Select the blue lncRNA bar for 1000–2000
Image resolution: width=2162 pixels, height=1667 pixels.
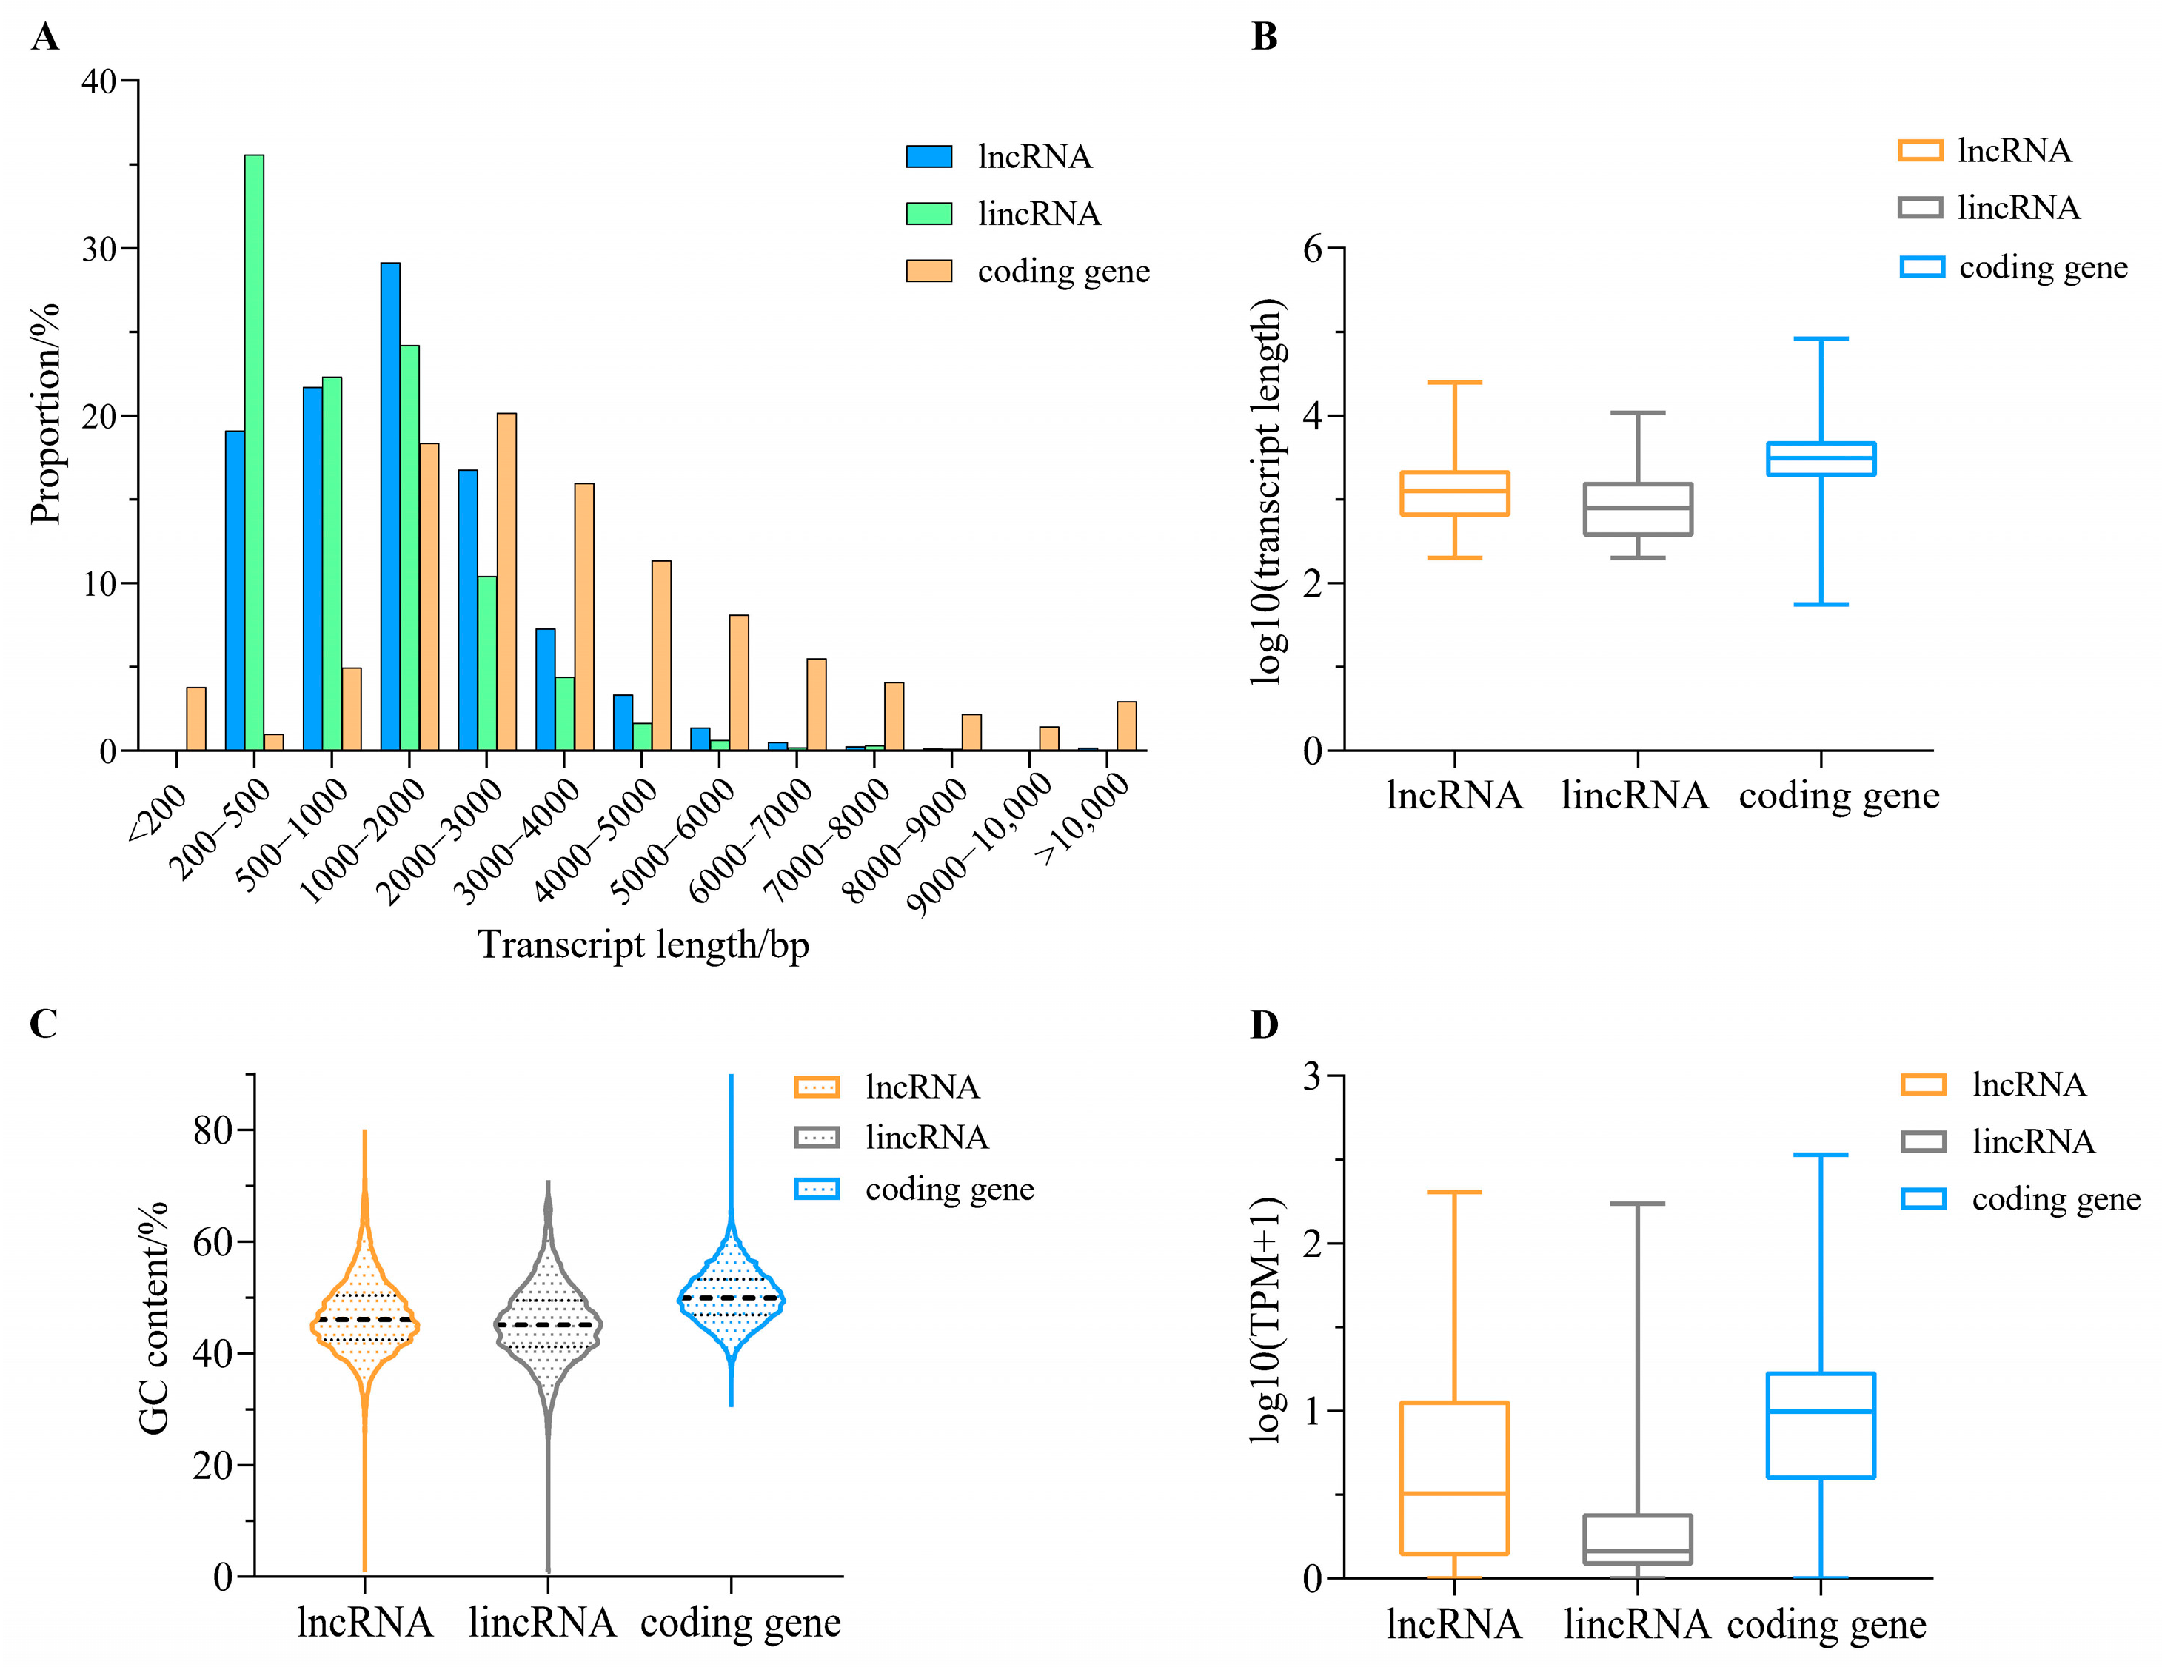click(390, 506)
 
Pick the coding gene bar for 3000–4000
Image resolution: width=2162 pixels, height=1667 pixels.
click(584, 617)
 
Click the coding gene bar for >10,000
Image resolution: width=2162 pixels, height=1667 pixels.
click(1127, 725)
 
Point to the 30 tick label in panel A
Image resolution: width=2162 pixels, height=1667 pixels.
click(100, 249)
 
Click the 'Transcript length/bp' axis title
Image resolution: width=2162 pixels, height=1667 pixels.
click(643, 945)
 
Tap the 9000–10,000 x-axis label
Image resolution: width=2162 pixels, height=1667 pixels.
click(980, 843)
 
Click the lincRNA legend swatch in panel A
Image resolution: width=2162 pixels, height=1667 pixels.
click(928, 214)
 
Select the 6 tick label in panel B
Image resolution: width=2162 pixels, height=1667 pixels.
click(1313, 249)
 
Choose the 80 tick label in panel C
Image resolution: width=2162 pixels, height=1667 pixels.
click(212, 1130)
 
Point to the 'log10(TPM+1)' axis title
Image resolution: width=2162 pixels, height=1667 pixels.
click(1266, 1321)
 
